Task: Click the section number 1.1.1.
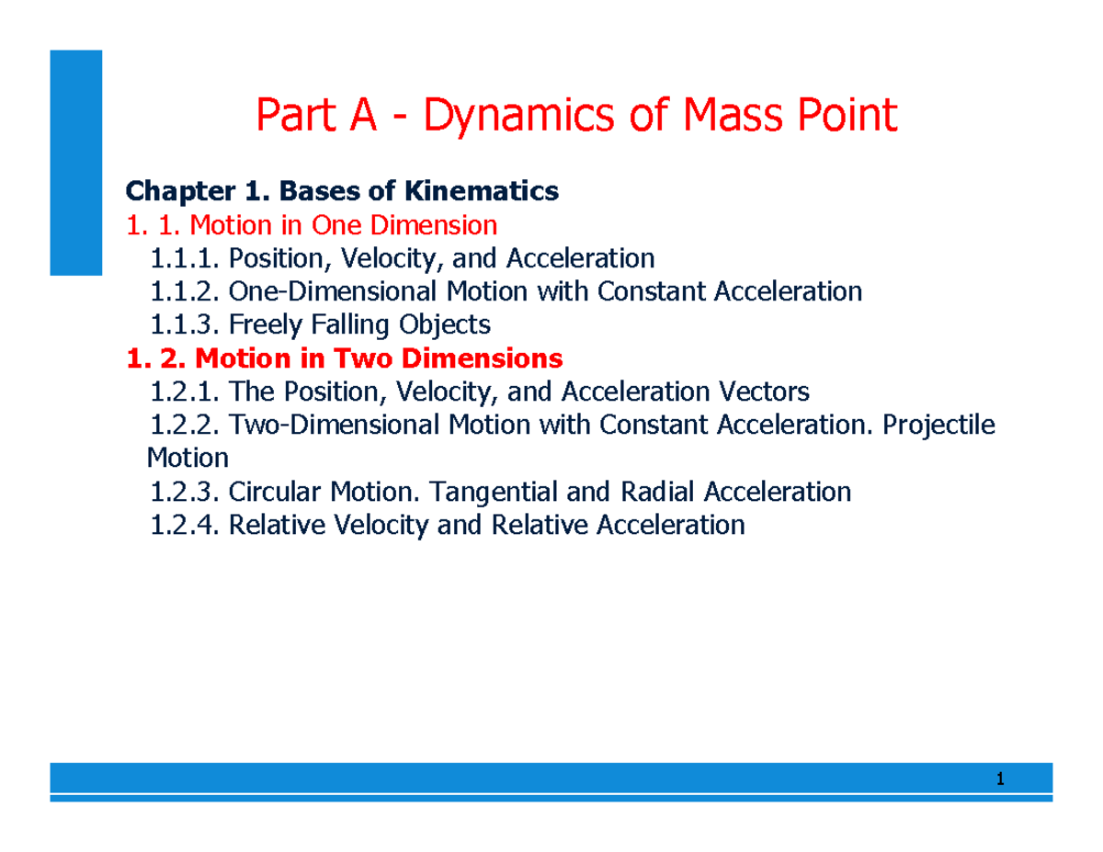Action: [185, 258]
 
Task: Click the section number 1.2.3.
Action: [185, 492]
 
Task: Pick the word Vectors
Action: [765, 392]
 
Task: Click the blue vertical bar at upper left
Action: [75, 162]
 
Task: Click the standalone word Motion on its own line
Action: [187, 458]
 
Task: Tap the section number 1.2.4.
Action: [185, 525]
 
